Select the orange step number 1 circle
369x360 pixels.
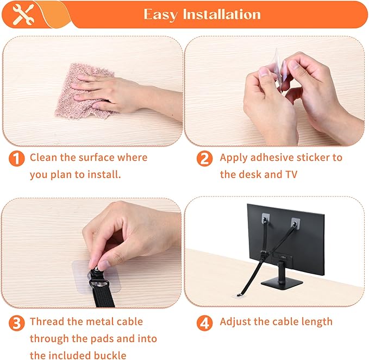click(x=17, y=159)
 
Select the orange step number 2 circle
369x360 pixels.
click(x=204, y=159)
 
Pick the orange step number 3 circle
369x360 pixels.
click(x=17, y=323)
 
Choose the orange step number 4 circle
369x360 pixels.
click(x=204, y=323)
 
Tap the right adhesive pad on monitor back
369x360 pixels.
click(x=296, y=222)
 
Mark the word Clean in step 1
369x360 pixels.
click(x=45, y=157)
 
